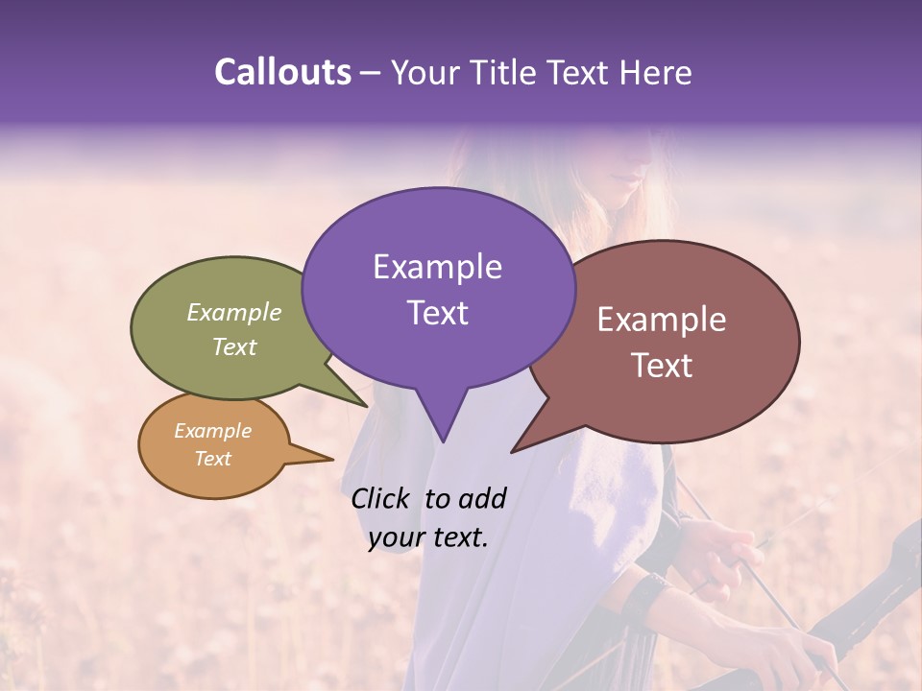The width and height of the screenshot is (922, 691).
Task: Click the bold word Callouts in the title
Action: (x=282, y=72)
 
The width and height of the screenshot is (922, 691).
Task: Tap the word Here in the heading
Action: (x=655, y=72)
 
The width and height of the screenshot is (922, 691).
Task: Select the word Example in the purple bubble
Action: (x=437, y=267)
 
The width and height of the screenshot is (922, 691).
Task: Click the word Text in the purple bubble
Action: (x=437, y=313)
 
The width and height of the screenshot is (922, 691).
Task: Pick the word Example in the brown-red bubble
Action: (x=662, y=320)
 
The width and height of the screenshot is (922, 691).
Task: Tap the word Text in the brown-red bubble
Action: (x=662, y=366)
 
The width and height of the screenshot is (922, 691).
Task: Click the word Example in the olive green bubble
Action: (x=234, y=312)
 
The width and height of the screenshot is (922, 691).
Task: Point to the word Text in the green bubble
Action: (x=234, y=346)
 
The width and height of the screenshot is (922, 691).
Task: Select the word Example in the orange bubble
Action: (x=212, y=431)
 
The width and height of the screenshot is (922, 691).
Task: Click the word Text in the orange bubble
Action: (x=212, y=459)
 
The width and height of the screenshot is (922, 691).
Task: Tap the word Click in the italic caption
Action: (x=383, y=498)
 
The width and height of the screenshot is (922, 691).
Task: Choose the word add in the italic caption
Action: (x=481, y=498)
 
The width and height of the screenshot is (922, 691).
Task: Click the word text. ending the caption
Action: (x=457, y=537)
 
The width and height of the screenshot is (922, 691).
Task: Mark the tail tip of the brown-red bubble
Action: (x=513, y=451)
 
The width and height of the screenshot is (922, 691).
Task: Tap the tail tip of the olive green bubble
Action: (x=366, y=405)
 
